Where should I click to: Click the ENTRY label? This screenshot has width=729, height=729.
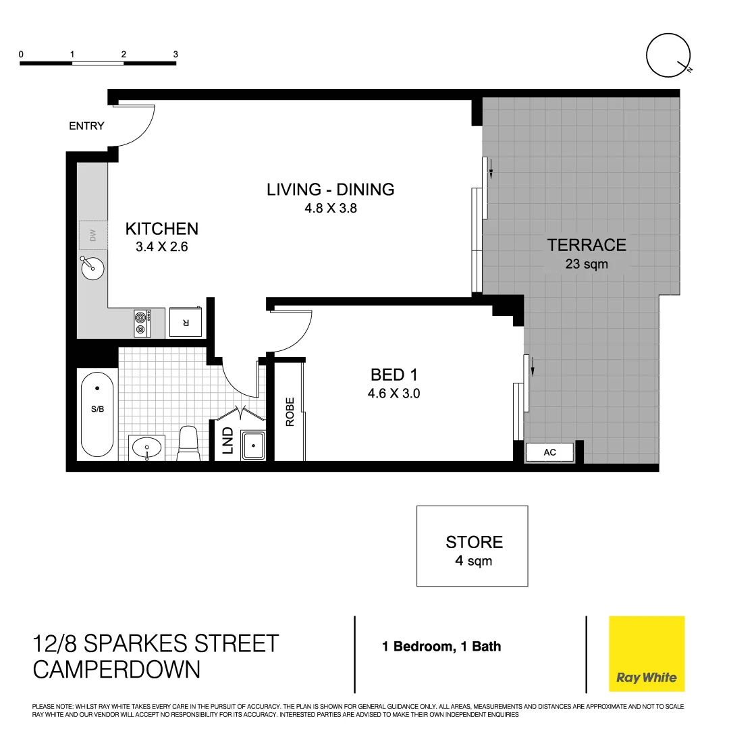(86, 126)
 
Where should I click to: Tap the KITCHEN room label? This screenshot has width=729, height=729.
(161, 229)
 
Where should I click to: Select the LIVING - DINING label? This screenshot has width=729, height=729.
(330, 190)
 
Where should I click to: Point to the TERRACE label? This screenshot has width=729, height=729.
(587, 244)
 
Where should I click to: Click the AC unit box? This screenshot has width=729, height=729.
(549, 452)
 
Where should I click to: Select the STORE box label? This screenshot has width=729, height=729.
(474, 542)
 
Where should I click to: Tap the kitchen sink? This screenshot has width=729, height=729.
(92, 269)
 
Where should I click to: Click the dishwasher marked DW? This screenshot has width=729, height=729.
(93, 236)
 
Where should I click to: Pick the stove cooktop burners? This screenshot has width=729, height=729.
(142, 322)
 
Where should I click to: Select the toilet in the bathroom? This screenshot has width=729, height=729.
(188, 444)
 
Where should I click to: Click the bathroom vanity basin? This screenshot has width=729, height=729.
(146, 447)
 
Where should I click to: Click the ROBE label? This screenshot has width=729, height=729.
(290, 412)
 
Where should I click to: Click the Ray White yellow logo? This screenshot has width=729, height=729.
(646, 653)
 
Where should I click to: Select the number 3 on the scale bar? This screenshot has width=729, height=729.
(175, 54)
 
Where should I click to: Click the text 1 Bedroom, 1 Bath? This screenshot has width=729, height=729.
(441, 647)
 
